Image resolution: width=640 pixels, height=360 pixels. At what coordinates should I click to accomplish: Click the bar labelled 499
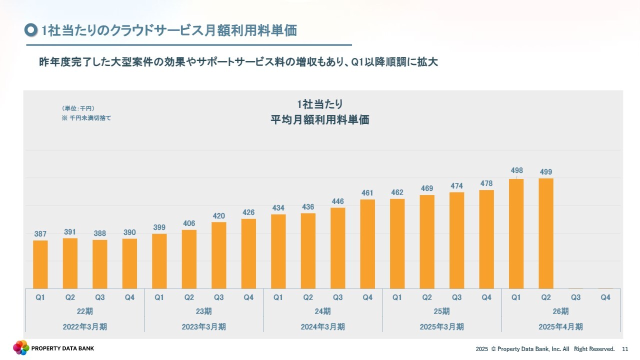pos(546,233)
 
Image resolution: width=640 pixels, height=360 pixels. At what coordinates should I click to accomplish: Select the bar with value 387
pos(40,264)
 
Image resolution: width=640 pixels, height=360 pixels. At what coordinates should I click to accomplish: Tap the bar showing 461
pos(367,244)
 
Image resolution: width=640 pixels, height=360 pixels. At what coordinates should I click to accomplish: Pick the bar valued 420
pos(219,255)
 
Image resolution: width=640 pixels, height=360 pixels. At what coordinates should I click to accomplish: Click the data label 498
pos(516,171)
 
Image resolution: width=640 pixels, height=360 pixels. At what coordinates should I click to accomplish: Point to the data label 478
pos(486,183)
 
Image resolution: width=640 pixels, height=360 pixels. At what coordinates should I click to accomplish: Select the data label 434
pos(278,207)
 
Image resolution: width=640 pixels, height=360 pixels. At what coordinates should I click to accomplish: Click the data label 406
pos(189,223)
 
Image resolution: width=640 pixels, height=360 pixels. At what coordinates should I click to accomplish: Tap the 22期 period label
pos(85,311)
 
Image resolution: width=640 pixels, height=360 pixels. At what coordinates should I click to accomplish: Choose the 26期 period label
pos(560,311)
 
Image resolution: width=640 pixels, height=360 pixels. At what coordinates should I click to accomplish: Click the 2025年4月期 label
pos(560,327)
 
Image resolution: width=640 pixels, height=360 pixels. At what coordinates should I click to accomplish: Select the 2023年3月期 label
pos(204,327)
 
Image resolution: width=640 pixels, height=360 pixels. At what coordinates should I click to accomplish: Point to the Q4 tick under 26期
pos(605,297)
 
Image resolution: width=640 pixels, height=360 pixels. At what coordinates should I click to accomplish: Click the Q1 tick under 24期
pos(278,297)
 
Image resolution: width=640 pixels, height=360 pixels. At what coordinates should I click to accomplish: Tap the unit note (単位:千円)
pos(78,108)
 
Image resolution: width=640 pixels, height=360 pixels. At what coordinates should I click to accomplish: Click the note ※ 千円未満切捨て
pos(86,118)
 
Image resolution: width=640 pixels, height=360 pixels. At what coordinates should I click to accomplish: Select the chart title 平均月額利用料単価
pos(320,120)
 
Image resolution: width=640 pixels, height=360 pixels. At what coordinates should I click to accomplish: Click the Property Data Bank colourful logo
pos(21,347)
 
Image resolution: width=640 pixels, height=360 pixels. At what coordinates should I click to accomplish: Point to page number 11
pos(625,349)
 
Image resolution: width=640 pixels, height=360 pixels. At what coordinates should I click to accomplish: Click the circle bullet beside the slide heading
pos(31,30)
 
